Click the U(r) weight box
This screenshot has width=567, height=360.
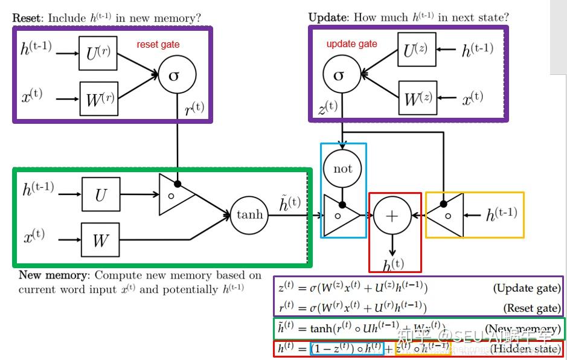[x=98, y=53]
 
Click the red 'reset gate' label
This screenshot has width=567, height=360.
[x=158, y=44]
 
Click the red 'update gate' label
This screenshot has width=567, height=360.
[x=351, y=43]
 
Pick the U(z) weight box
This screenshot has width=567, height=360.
[x=417, y=50]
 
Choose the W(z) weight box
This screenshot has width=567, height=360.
[x=417, y=97]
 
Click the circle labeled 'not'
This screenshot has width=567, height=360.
[x=342, y=169]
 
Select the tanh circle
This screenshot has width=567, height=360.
[x=249, y=214]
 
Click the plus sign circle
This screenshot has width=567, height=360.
[x=392, y=215]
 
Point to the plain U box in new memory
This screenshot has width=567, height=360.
[x=100, y=194]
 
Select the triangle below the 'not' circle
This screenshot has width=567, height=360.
[x=340, y=215]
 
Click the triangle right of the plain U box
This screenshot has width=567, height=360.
[x=175, y=194]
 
